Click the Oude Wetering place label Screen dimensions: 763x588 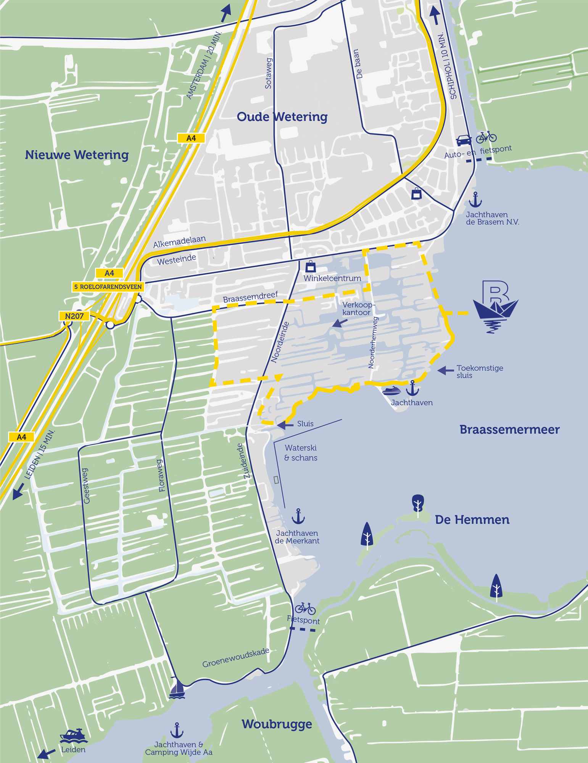point(282,117)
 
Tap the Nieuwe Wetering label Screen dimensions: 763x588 point(77,155)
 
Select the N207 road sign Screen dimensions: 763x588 point(74,316)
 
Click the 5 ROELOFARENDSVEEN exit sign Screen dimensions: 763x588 point(108,287)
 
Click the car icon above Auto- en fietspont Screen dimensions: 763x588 point(464,140)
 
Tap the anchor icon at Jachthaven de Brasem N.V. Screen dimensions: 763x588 point(475,200)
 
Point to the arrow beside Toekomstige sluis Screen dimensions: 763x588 point(445,370)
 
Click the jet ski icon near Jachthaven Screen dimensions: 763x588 point(391,391)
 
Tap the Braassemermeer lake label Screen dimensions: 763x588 point(509,430)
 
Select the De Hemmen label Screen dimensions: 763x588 point(472,520)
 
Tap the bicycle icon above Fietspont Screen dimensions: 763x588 point(305,608)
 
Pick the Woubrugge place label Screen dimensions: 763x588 point(277,724)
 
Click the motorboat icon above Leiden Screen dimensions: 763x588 point(74,736)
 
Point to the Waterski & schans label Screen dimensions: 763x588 point(301,453)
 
